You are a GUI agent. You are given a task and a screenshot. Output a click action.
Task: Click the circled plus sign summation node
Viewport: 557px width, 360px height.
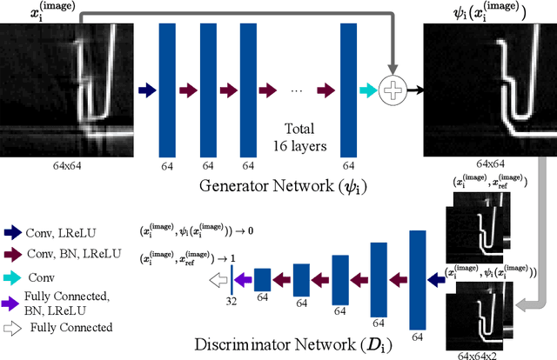[395, 90]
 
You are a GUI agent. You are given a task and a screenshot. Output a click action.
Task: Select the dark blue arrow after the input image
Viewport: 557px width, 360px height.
[147, 90]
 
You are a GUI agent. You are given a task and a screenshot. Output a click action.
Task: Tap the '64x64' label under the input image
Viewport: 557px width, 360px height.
[65, 163]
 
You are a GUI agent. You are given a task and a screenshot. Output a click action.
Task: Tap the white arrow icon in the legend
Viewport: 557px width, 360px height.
[14, 328]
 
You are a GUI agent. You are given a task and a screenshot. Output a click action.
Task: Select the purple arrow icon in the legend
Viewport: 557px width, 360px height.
[14, 303]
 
